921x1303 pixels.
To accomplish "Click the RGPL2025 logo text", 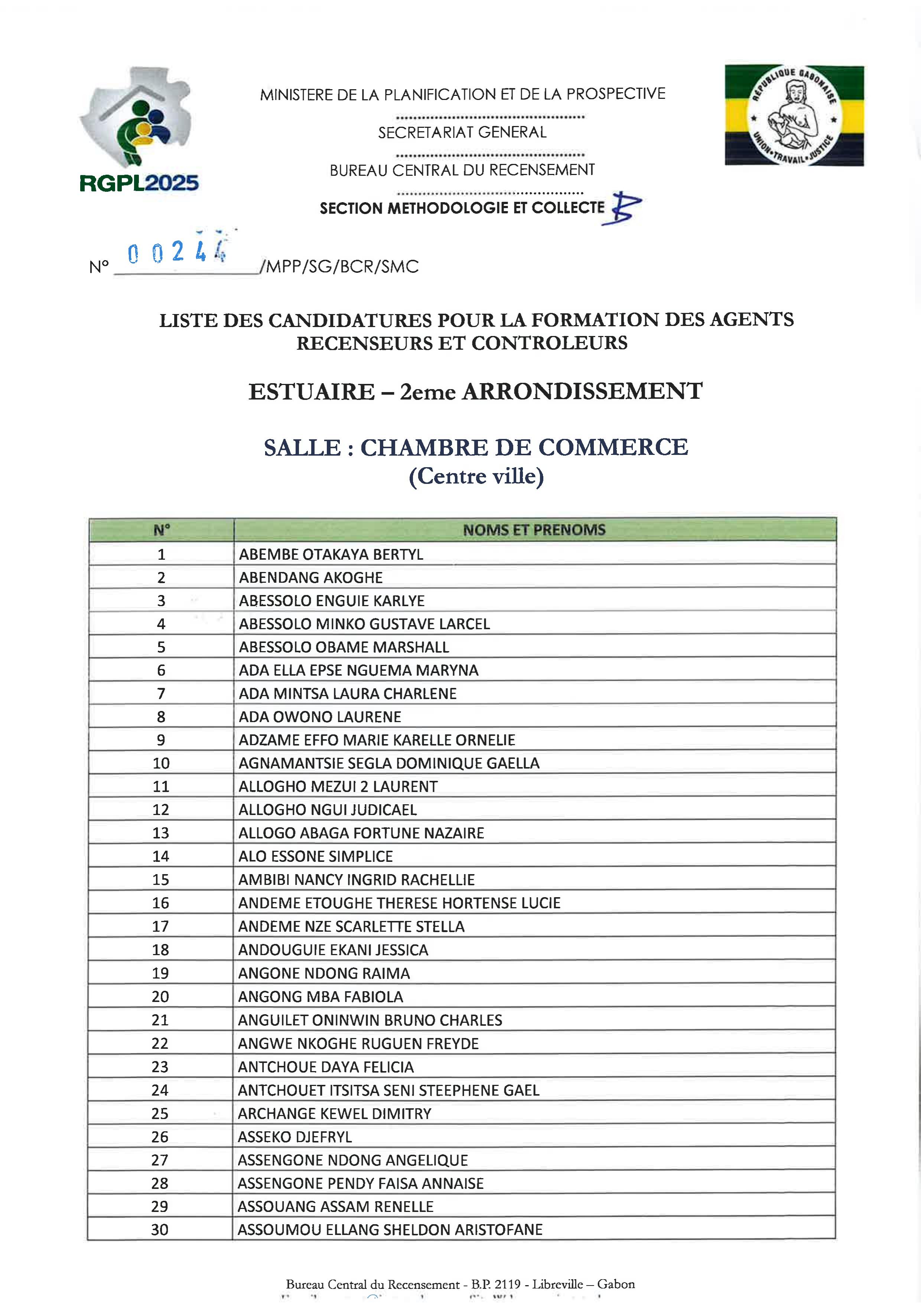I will point(139,183).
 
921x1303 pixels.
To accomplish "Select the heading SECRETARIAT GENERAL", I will point(462,132).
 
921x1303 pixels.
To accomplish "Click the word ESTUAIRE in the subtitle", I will point(311,392).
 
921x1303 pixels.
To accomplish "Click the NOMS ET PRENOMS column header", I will point(534,530).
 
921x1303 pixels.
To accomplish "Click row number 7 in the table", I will point(161,693).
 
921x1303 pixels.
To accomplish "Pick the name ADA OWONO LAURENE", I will point(320,717).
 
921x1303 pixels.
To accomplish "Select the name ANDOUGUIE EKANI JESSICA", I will point(333,950).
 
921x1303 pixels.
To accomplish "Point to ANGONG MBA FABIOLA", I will point(320,996).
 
